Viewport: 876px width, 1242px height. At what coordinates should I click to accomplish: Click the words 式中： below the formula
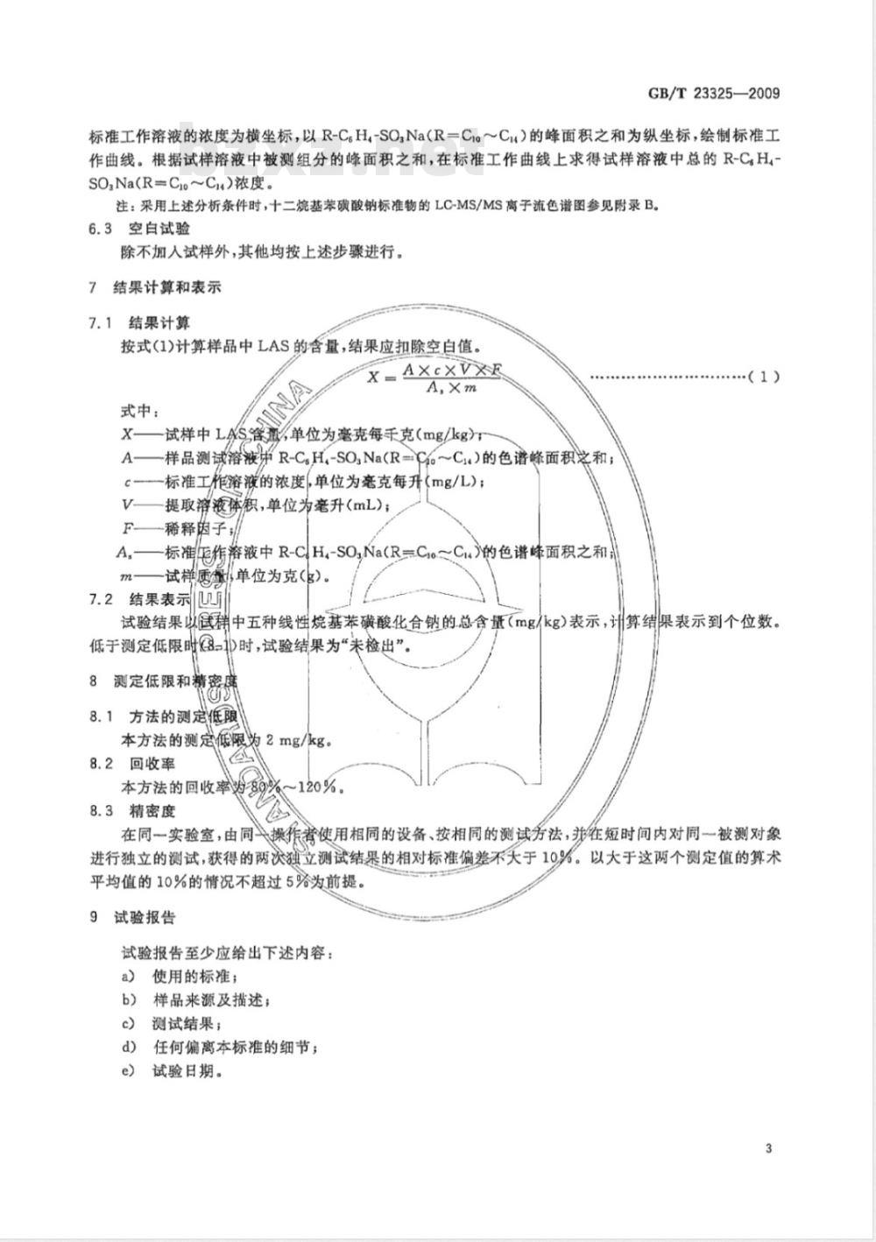[x=139, y=411]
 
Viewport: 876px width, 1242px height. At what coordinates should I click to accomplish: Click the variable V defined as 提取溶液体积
[x=128, y=505]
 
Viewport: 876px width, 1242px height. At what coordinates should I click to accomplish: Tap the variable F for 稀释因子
[x=127, y=528]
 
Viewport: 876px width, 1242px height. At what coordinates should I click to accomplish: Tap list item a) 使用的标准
[x=180, y=976]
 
